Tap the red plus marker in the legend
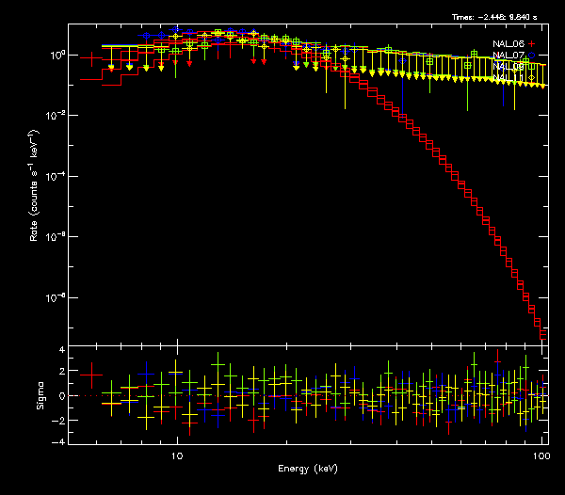[531, 44]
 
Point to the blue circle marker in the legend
[531, 56]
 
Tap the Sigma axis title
[39, 396]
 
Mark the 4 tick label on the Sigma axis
[60, 350]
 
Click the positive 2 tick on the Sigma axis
[60, 373]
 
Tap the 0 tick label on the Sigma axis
[60, 396]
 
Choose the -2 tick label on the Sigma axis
[58, 419]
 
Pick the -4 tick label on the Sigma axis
[58, 441]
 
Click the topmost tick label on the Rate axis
[56, 55]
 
